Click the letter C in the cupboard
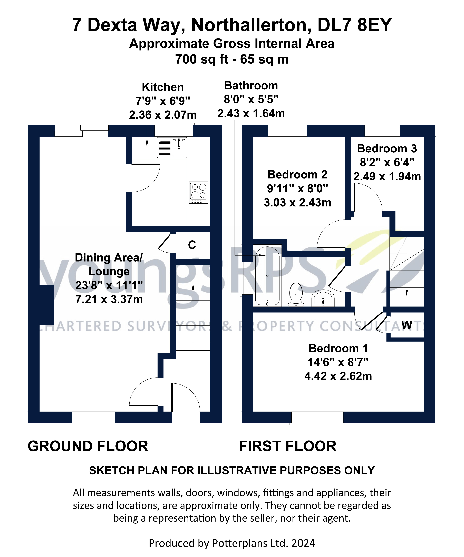point(192,245)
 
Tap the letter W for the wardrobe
point(407,325)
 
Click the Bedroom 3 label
point(387,148)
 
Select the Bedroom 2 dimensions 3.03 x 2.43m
point(297,203)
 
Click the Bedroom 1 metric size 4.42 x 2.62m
point(338,376)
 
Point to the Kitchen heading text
point(163,87)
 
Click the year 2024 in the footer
point(303,543)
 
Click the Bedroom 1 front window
point(317,417)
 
